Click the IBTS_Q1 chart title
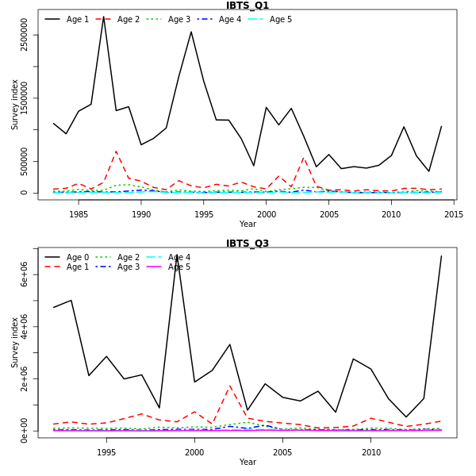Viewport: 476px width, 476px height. click(248, 6)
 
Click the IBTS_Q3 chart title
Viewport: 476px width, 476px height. click(248, 244)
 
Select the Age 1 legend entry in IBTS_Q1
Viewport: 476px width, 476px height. click(78, 19)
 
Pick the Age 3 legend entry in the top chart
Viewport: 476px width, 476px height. click(179, 19)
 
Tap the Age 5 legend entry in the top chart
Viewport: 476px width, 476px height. click(281, 19)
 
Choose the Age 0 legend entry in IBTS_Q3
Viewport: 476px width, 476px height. click(78, 257)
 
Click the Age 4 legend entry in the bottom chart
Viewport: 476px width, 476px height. click(179, 257)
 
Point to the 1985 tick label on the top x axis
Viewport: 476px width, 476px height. click(79, 214)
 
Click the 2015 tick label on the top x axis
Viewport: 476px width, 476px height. click(454, 214)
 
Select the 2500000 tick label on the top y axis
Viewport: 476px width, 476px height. click(25, 35)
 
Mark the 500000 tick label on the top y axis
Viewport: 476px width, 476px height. click(25, 161)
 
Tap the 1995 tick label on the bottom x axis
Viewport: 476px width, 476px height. click(106, 452)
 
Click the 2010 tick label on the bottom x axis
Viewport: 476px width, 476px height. click(371, 452)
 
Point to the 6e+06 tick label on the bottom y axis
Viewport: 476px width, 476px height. click(25, 274)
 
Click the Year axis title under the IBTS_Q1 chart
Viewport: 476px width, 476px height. click(248, 225)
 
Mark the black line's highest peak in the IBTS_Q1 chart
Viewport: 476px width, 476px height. click(103, 16)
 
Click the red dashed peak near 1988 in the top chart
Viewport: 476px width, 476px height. click(116, 151)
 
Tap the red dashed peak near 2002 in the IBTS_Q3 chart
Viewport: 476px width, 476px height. click(230, 386)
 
